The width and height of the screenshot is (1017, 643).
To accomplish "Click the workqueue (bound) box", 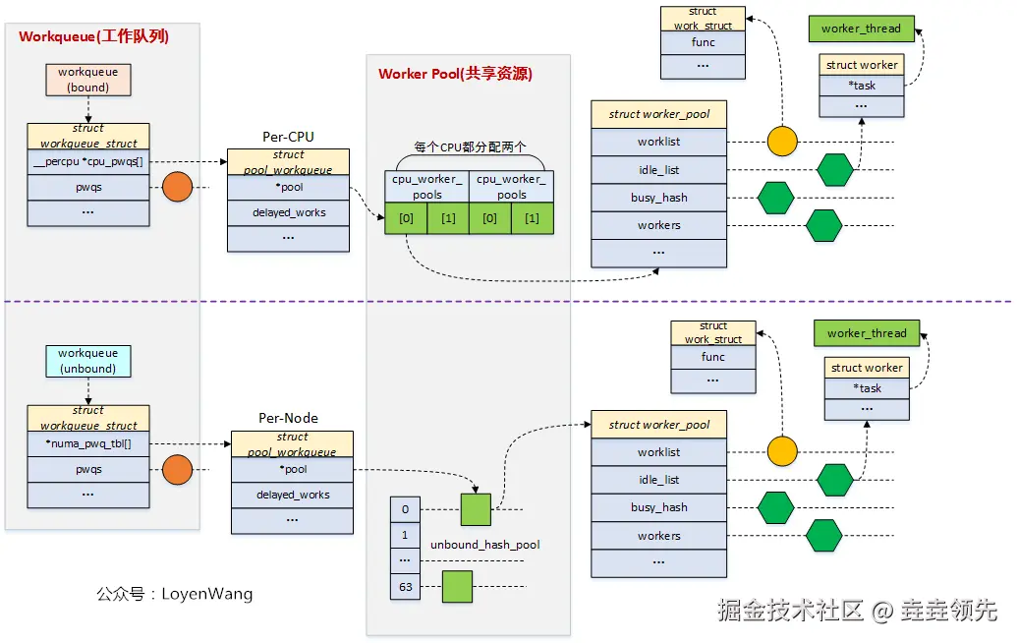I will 88,80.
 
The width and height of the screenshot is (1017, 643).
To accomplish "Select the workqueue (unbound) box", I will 87,361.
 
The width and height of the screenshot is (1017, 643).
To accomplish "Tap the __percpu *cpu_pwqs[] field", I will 88,161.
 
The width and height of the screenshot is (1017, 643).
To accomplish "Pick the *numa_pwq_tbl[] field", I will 88,443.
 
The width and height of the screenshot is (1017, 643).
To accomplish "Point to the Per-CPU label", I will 288,137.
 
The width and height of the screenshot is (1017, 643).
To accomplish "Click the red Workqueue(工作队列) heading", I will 94,36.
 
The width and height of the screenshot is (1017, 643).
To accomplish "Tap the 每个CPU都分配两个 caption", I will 470,146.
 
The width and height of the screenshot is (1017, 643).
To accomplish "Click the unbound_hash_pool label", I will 485,545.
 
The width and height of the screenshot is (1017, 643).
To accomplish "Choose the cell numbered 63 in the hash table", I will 405,587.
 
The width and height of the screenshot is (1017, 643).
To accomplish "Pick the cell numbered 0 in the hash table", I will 405,509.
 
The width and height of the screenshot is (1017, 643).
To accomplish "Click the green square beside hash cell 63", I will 457,586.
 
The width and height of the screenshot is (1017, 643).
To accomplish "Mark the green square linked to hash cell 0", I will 476,509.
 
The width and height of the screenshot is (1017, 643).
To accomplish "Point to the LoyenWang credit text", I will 174,594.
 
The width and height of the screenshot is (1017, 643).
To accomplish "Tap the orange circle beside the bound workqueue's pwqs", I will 176,187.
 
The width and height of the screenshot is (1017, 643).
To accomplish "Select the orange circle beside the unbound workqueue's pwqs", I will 176,470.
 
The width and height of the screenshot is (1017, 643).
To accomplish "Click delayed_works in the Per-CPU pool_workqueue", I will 288,211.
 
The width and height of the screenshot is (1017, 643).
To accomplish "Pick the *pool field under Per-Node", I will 292,469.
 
